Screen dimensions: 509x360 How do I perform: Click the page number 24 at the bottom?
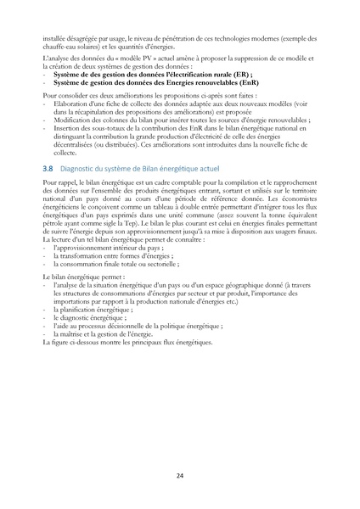pyautogui.click(x=180, y=475)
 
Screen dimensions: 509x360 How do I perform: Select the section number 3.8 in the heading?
pyautogui.click(x=47, y=170)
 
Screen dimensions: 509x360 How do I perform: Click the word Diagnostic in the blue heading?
pyautogui.click(x=81, y=170)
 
